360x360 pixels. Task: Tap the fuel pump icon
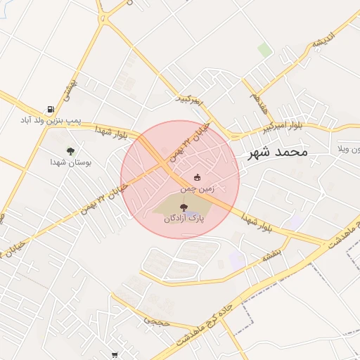pos(51,109)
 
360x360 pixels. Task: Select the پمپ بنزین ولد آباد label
pos(51,120)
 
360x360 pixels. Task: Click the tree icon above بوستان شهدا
pos(70,150)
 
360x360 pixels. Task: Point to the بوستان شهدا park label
pos(70,162)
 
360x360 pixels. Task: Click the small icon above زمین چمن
pos(197,177)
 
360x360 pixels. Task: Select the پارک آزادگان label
pos(184,219)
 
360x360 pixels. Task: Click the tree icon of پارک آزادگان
pos(184,207)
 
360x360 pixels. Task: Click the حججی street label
pos(153,321)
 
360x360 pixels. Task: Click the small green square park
pos(264,49)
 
